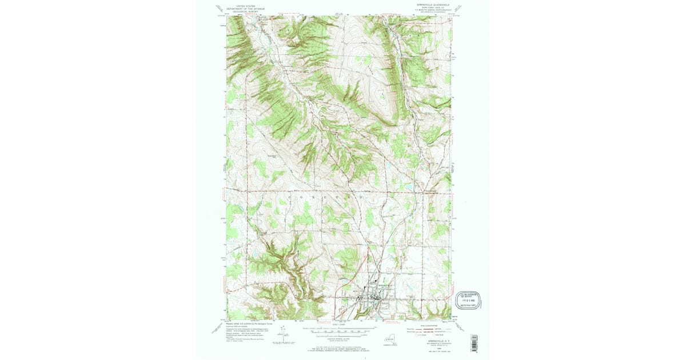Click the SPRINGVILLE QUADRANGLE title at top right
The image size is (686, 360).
[x=429, y=4]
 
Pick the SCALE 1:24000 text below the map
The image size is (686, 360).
[x=339, y=325]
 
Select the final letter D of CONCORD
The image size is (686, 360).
[x=361, y=197]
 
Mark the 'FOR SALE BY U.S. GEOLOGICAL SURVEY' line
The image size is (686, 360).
[x=339, y=347]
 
